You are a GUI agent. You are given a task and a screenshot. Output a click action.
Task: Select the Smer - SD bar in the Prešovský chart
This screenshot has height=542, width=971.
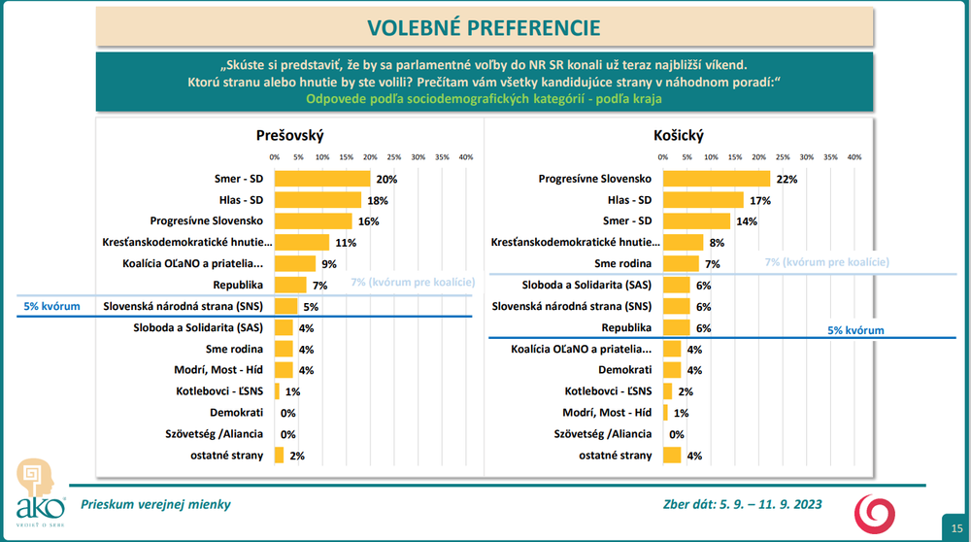point(322,179)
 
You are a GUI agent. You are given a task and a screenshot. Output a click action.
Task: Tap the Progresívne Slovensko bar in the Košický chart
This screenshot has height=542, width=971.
point(716,179)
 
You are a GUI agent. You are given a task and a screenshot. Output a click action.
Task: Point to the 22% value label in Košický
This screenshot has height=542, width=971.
point(787,179)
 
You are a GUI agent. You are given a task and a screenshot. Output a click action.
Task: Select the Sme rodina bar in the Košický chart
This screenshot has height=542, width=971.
point(680,263)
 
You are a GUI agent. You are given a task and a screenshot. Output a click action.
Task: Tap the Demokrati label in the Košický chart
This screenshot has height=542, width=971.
point(624,370)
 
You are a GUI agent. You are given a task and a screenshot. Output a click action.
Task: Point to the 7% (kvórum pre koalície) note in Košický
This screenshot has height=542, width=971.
point(827,262)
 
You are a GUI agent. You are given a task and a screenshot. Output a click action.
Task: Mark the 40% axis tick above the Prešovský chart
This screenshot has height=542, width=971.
point(465,156)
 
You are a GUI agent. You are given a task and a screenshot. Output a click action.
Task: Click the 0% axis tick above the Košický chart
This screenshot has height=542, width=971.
point(663,156)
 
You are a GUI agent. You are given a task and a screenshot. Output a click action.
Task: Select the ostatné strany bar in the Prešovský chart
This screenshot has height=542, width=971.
point(280,455)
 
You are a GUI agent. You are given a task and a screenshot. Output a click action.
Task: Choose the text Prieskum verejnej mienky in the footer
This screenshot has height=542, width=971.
point(155,504)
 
